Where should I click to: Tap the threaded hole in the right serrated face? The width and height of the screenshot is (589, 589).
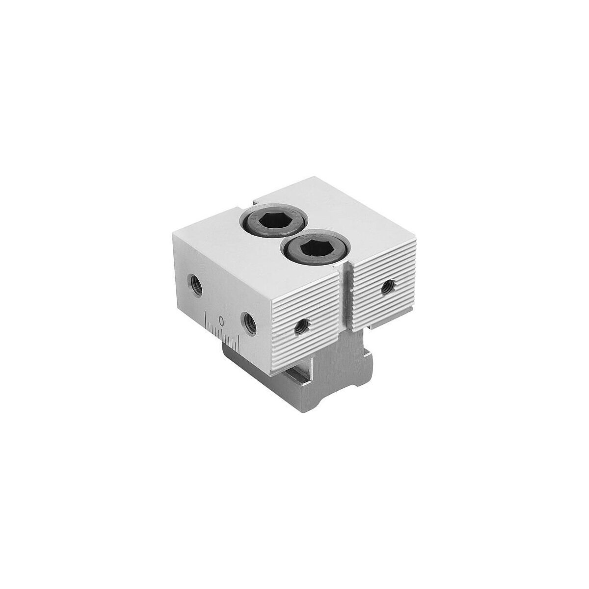(388, 287)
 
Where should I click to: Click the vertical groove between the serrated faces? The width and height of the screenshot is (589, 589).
(347, 297)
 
